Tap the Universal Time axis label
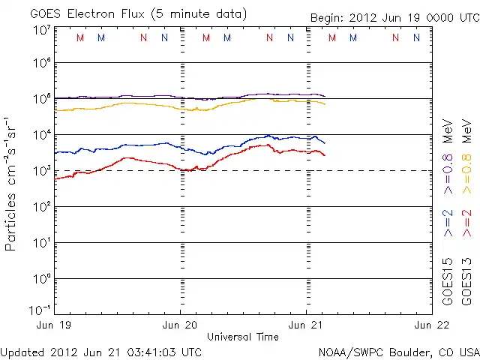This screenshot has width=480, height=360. pos(242,337)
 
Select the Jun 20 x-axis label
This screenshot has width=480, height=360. pos(181,325)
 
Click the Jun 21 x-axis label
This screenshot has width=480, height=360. pos(307,325)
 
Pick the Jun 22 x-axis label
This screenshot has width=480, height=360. pos(432,325)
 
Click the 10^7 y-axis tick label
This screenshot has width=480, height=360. pos(42,30)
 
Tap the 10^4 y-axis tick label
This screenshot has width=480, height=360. pos(42,135)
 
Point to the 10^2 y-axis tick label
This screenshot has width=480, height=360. pos(42,207)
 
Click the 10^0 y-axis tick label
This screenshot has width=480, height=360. pos(42,279)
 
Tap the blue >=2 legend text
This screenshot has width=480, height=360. pos(448,223)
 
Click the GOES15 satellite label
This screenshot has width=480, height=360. pos(448,280)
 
